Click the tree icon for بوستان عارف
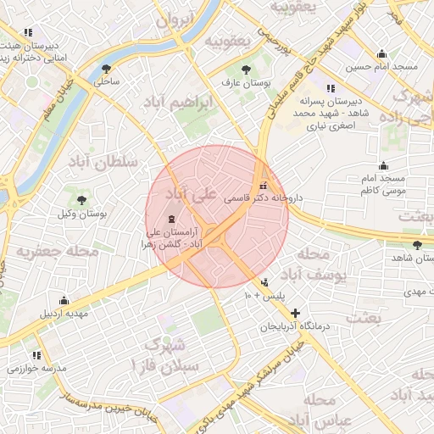(x=246, y=70)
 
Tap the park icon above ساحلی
(x=106, y=69)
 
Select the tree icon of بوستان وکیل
(x=81, y=200)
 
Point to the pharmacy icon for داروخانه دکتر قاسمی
(x=263, y=184)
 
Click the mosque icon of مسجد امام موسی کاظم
(x=383, y=165)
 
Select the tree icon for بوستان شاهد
(x=417, y=245)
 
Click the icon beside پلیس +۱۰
(x=265, y=282)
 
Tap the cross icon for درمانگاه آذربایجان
(x=295, y=313)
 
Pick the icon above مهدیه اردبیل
(x=64, y=299)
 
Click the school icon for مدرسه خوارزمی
(x=36, y=355)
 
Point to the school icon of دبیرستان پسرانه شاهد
(x=330, y=87)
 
